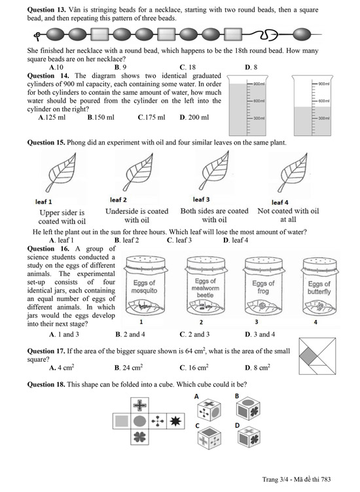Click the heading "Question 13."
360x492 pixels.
pyautogui.click(x=46, y=10)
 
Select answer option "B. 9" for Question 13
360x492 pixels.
pyautogui.click(x=120, y=67)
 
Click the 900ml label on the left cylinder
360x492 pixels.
pyautogui.click(x=259, y=84)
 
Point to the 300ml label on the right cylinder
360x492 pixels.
pyautogui.click(x=324, y=118)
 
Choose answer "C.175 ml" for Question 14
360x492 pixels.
pyautogui.click(x=151, y=117)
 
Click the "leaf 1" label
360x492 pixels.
pyautogui.click(x=44, y=202)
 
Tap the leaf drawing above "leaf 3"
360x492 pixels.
pyautogui.click(x=215, y=171)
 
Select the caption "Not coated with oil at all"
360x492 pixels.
pyautogui.click(x=288, y=215)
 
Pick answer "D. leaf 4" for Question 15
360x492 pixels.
pyautogui.click(x=236, y=240)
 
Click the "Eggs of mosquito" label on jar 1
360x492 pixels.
pyautogui.click(x=144, y=287)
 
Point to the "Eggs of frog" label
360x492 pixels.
pyautogui.click(x=263, y=287)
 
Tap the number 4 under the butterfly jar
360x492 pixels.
pyautogui.click(x=315, y=323)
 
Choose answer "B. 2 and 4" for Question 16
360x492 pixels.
pyautogui.click(x=130, y=334)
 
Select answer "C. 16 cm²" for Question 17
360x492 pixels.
pyautogui.click(x=194, y=368)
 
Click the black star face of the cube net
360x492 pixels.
pyautogui.click(x=175, y=421)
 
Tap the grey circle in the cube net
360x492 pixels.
pyautogui.click(x=139, y=421)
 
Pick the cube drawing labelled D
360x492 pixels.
pyautogui.click(x=249, y=436)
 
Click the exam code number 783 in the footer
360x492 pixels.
pyautogui.click(x=326, y=479)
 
